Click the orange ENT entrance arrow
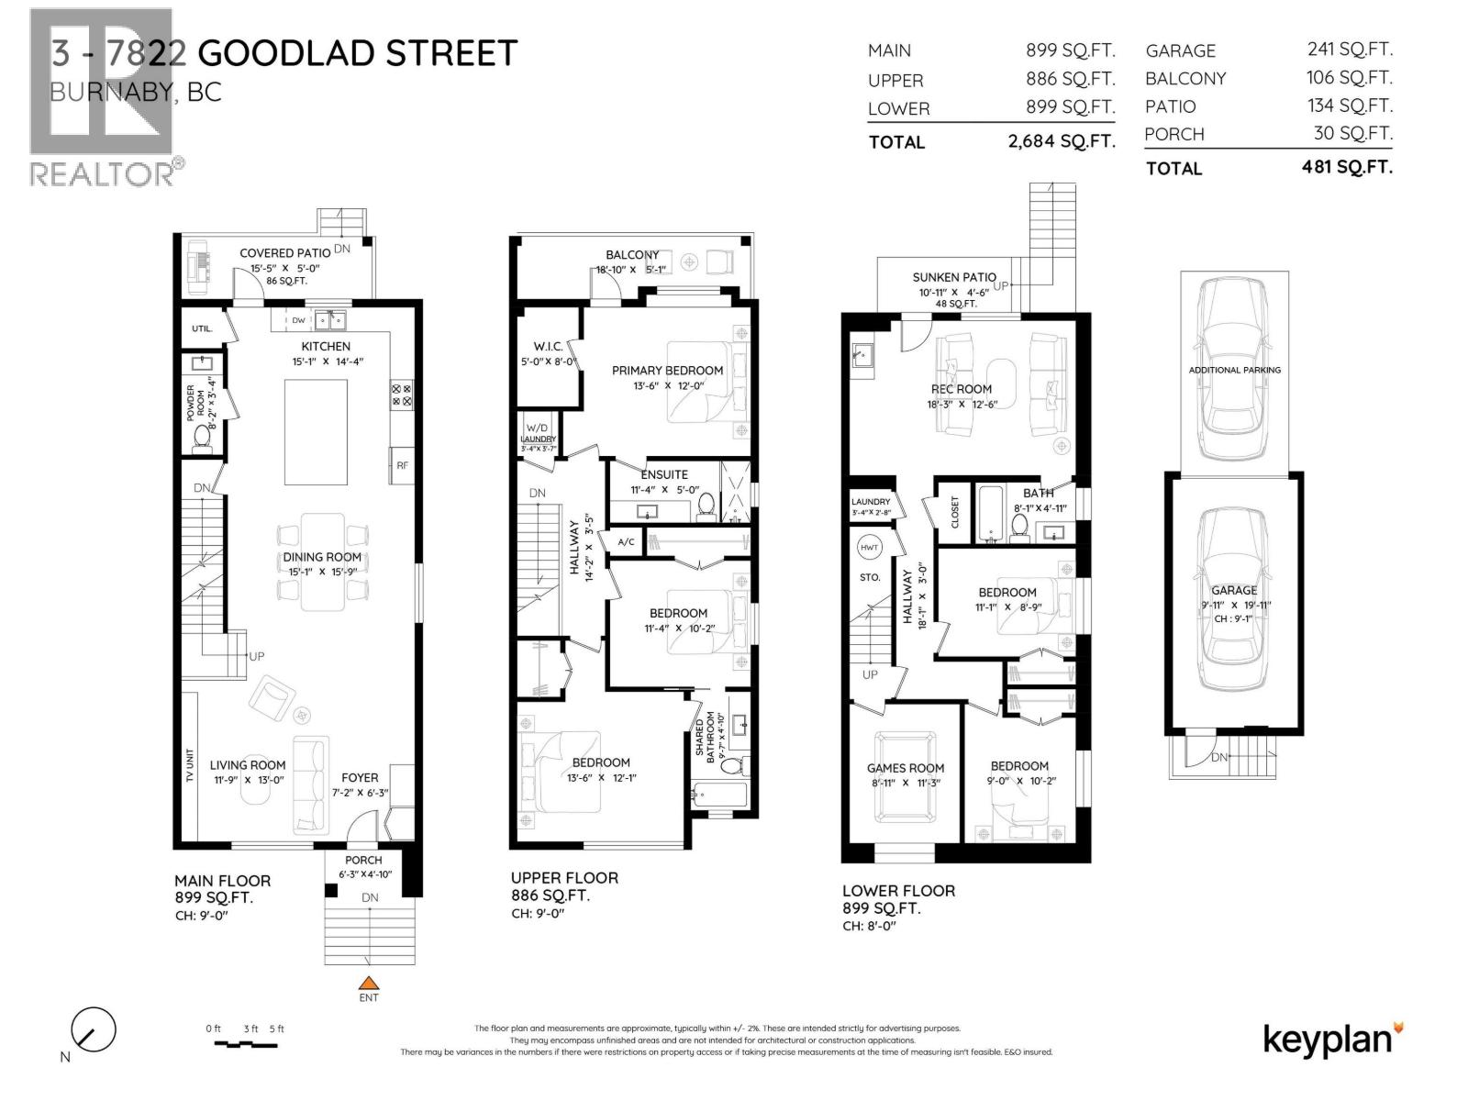point(369,983)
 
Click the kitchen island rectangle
point(316,431)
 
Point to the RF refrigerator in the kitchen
point(402,465)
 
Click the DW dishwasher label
point(298,320)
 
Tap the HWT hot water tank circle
point(869,548)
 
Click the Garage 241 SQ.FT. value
point(1349,50)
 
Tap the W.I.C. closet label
point(548,347)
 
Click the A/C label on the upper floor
point(626,542)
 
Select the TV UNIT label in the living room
point(190,766)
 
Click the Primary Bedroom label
point(667,371)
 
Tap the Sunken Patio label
point(954,277)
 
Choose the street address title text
point(284,53)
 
